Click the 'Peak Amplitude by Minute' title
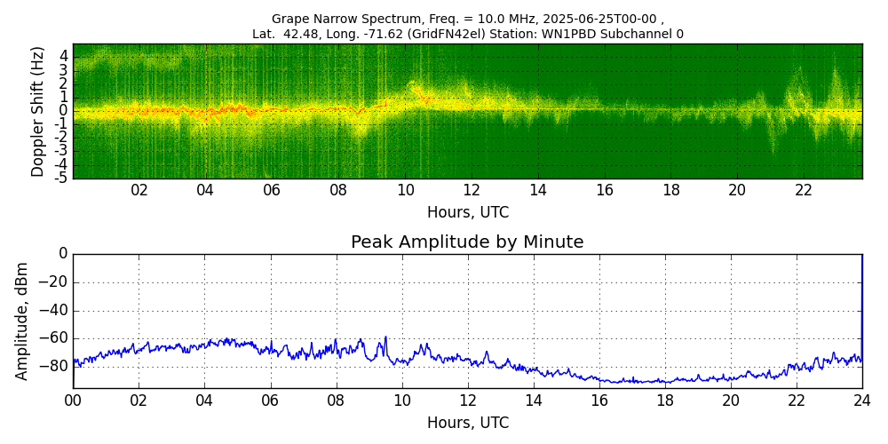467,242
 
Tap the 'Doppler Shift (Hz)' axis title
38,111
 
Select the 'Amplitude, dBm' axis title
23,321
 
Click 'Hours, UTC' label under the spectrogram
468,213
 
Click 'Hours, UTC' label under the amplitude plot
468,423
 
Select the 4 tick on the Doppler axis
63,55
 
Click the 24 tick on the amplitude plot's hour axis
862,400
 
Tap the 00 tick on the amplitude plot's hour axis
73,400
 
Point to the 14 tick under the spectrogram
538,191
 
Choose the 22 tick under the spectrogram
804,191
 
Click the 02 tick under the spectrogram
139,191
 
